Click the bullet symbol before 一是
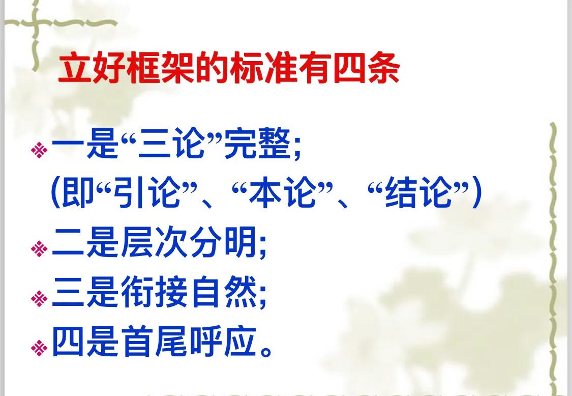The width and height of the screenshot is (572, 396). pos(39,150)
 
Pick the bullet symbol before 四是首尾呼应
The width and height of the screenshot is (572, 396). pos(39,348)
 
